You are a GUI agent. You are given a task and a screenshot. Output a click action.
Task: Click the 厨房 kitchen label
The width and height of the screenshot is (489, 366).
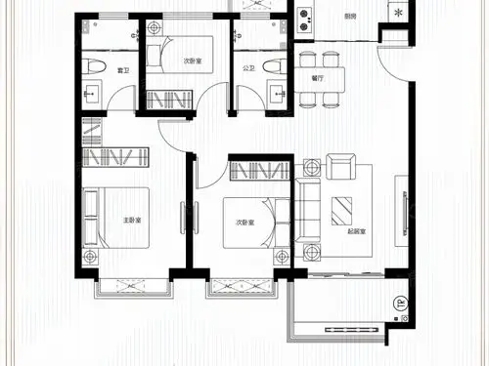coord(350,16)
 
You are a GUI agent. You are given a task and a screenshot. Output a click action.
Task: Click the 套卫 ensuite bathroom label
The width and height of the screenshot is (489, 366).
coord(123,69)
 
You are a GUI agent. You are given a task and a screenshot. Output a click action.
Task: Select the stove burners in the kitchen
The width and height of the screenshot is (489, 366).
coord(303,17)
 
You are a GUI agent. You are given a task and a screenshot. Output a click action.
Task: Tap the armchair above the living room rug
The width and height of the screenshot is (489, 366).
coord(341,166)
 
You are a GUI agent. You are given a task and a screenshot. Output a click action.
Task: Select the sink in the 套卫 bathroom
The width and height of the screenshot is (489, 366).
coord(93,96)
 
